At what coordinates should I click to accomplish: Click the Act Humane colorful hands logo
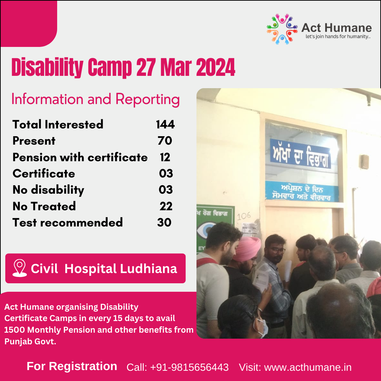pos(282,29)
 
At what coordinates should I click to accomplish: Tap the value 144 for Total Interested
pos(165,124)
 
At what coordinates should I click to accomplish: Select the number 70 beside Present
pos(165,141)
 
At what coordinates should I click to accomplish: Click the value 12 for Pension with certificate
pos(165,157)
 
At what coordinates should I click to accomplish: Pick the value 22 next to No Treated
pos(166,206)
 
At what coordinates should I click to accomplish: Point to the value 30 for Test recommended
pos(164,222)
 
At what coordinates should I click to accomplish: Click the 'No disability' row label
pos(48,190)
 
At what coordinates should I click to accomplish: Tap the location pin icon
pos(20,268)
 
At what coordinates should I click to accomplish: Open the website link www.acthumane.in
pos(308,367)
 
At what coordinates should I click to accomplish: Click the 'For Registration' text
pos(72,366)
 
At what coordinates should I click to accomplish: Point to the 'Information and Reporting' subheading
pos(96,99)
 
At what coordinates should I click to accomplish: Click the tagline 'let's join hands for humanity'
pos(338,36)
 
